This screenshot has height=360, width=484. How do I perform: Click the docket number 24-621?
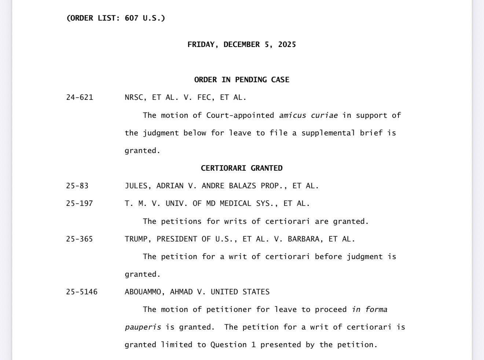80,98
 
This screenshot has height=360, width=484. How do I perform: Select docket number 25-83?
77,186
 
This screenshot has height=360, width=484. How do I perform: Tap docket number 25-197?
80,204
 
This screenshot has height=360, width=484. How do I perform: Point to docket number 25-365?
80,239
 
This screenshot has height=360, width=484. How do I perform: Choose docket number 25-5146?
82,292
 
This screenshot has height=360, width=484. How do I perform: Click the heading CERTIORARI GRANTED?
242,168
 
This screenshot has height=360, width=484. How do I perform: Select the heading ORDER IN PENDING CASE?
242,80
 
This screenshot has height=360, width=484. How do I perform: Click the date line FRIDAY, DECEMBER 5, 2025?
242,45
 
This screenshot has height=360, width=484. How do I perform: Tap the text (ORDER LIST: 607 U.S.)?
116,18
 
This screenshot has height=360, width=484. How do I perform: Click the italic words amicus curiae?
308,116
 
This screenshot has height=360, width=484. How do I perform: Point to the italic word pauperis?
143,327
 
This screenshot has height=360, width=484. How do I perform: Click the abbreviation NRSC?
133,98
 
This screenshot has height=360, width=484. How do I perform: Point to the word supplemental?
328,133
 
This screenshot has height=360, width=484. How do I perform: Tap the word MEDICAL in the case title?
235,204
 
